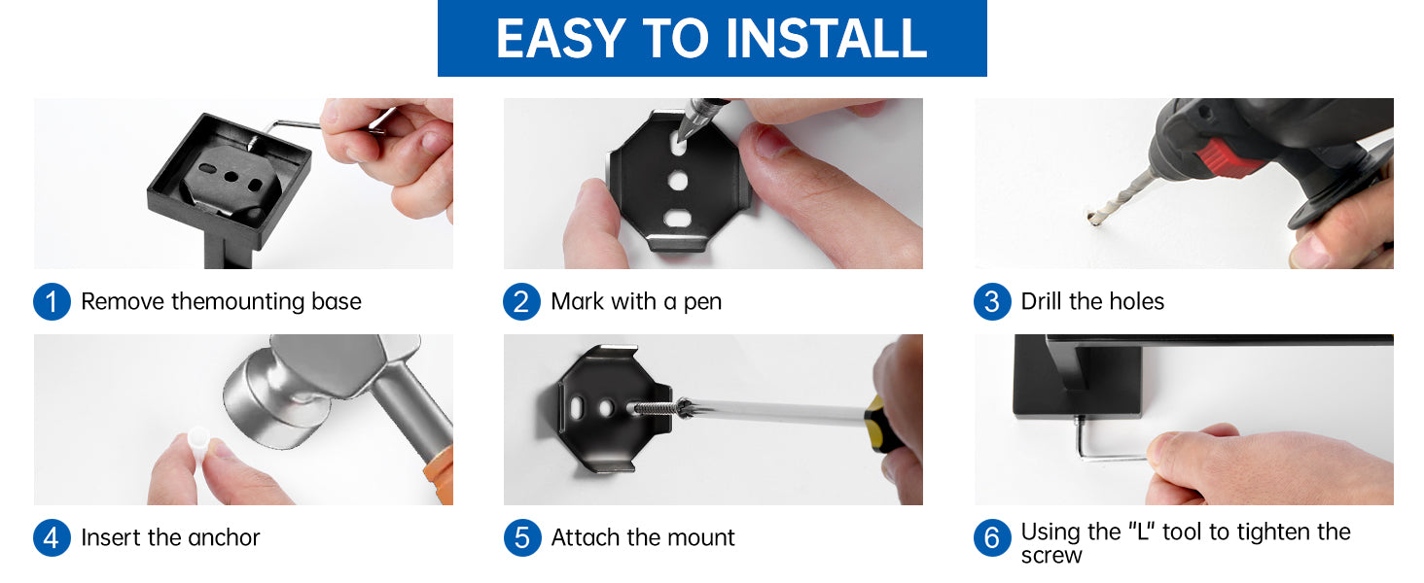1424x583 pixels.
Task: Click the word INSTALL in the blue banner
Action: coord(826,38)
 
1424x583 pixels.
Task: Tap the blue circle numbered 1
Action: coord(52,301)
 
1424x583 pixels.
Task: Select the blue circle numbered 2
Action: coord(521,301)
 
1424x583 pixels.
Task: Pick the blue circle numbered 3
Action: coord(992,301)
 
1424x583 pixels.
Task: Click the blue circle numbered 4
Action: coord(52,538)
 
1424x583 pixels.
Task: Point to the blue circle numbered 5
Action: coord(522,538)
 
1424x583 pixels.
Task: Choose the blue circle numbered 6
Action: coord(992,538)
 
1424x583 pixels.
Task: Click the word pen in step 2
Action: coord(702,303)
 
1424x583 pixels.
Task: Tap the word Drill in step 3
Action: coord(1042,301)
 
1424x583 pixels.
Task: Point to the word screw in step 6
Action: coord(1051,557)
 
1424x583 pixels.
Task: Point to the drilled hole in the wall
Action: coord(1092,218)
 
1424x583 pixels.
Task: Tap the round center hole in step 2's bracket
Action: coord(678,181)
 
